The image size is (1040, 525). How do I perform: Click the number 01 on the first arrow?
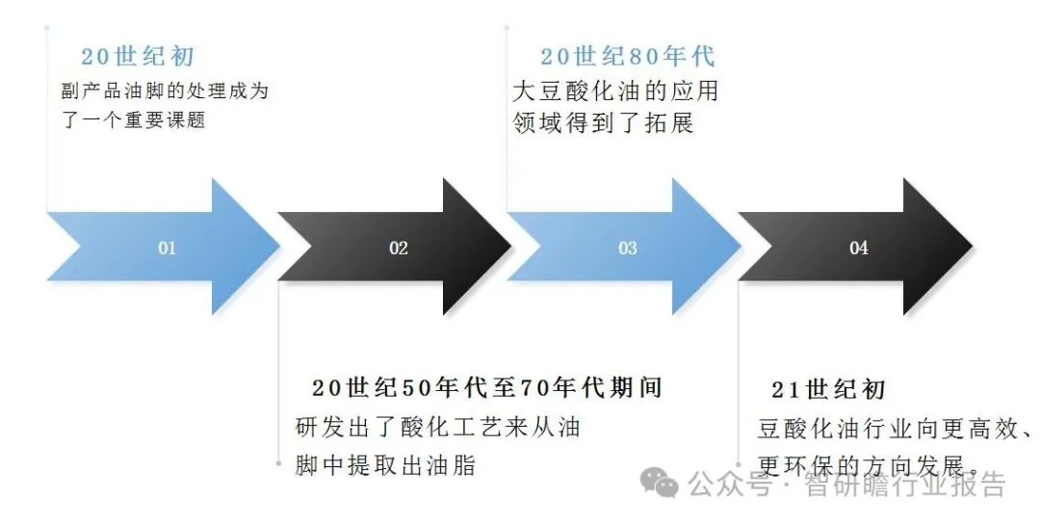168,249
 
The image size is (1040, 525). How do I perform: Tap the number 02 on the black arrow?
399,249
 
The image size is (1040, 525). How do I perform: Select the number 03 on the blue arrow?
628,249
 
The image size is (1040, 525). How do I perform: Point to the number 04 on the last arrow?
859,249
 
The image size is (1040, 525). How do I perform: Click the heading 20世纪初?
138,57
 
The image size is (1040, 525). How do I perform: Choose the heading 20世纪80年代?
628,57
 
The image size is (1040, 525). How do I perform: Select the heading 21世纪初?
828,390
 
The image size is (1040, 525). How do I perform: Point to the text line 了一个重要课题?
133,122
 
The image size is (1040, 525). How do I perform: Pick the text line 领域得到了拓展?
604,123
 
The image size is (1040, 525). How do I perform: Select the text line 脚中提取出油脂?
385,466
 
